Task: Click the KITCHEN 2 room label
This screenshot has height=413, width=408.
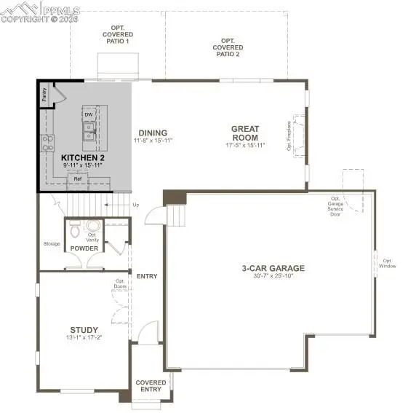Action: [82, 157]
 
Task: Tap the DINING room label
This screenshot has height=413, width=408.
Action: [153, 133]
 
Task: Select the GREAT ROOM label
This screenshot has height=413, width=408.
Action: [245, 133]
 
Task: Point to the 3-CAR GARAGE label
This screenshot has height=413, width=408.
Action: [273, 268]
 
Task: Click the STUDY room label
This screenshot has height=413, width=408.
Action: [84, 330]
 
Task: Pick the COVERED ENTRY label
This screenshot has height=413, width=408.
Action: [151, 386]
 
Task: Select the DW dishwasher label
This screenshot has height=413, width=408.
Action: [88, 114]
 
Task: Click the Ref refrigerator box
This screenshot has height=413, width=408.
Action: [77, 178]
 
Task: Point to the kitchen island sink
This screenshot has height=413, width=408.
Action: [89, 130]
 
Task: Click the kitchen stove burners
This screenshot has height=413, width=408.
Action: [47, 141]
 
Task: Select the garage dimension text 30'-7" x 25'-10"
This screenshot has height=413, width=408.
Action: [273, 276]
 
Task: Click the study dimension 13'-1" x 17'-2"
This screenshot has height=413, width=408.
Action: [84, 338]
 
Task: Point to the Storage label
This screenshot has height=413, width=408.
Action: [51, 244]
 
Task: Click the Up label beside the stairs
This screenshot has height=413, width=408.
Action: [135, 205]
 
